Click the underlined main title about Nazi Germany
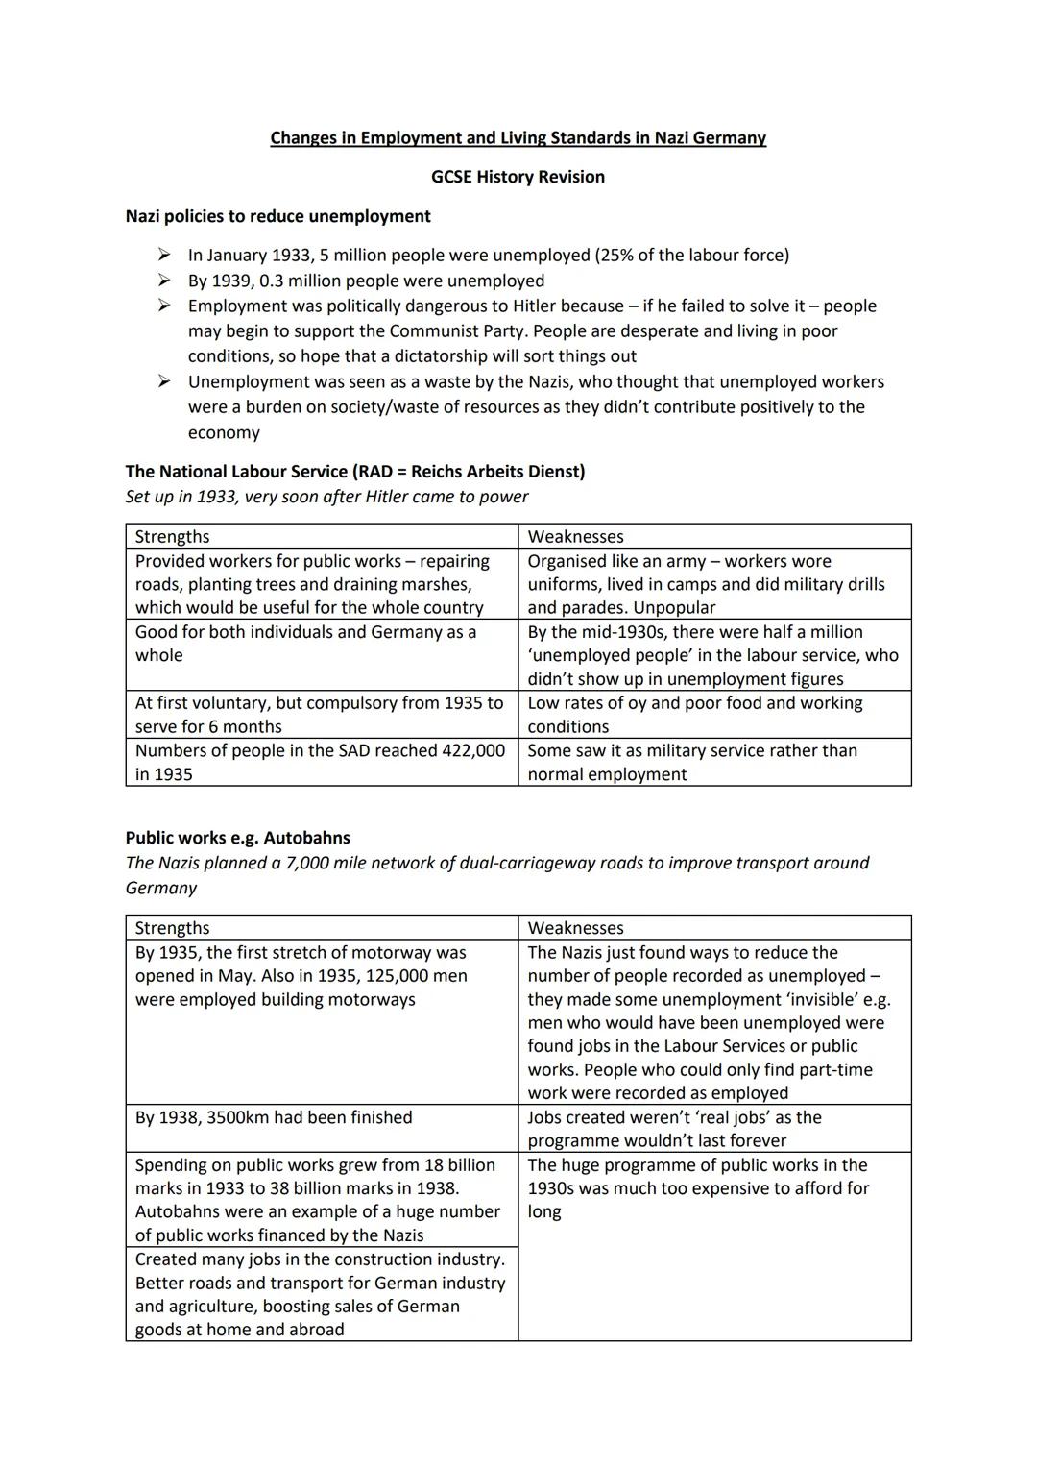518,137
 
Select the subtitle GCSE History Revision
518,177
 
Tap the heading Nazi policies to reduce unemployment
277,216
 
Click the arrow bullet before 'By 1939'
165,281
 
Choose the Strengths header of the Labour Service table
172,536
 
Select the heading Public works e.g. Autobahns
237,838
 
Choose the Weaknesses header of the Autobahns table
575,928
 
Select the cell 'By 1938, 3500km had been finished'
274,1117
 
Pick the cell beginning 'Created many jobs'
320,1294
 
